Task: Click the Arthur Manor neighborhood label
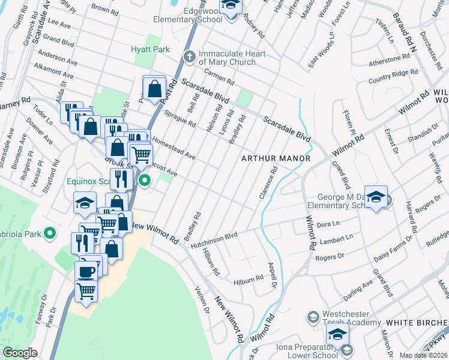click(x=276, y=158)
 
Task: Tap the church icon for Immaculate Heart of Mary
click(x=190, y=57)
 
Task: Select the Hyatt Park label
click(x=151, y=49)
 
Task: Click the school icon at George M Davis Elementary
click(x=376, y=197)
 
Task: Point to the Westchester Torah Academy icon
click(x=312, y=316)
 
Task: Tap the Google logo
click(x=20, y=353)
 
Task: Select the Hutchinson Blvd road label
click(x=211, y=241)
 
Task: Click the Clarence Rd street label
click(x=268, y=184)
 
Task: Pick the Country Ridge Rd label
click(x=393, y=76)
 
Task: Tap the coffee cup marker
click(x=86, y=271)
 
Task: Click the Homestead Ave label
click(x=174, y=148)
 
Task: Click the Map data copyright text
click(x=423, y=355)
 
